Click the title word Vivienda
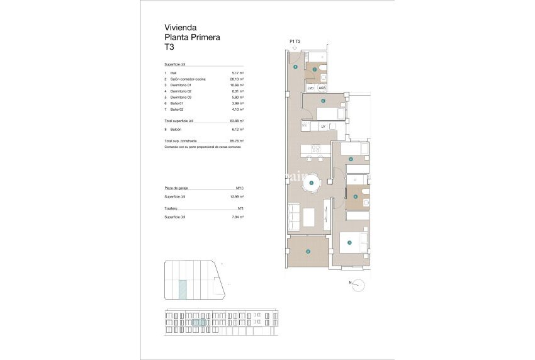point(181,28)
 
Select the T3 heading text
point(169,47)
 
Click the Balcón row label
point(176,128)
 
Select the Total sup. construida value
point(237,140)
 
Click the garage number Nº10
point(239,188)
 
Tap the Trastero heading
point(171,208)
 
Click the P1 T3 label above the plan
point(295,42)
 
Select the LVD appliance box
point(310,88)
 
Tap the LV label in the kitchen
point(323,127)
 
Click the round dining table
point(313,183)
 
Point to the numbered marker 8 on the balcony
point(308,252)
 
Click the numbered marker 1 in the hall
point(295,67)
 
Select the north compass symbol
point(358,284)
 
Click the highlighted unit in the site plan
point(183,290)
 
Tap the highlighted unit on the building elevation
point(203,322)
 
